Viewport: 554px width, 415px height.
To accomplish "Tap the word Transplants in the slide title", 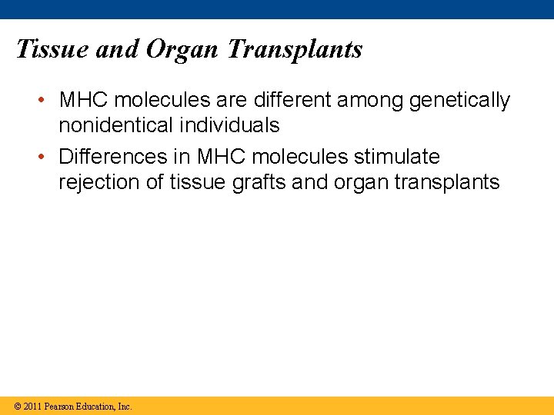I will coord(295,49).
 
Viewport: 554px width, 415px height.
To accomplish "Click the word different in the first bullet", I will coord(297,101).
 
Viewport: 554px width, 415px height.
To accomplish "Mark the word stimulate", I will coord(397,157).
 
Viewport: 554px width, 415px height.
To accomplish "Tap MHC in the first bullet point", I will coord(84,101).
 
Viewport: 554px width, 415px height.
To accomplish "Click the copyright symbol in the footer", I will coord(17,407).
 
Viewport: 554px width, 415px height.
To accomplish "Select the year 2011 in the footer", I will coord(32,407).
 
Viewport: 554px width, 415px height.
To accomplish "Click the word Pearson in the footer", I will coord(59,407).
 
